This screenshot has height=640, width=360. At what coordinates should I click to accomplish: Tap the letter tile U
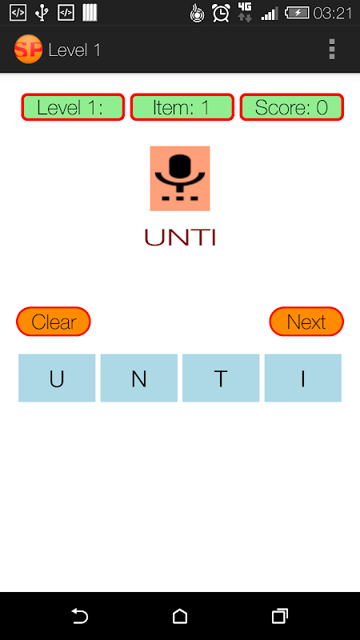point(57,378)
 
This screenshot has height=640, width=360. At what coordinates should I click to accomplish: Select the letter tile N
point(138,378)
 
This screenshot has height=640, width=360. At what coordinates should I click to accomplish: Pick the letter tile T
point(221,378)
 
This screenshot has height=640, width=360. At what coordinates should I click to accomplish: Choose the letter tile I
point(303,378)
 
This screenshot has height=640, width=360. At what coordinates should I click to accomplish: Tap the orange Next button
point(306,322)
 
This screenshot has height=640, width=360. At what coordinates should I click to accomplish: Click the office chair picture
point(180,178)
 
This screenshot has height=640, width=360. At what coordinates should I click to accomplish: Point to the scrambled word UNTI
point(180,237)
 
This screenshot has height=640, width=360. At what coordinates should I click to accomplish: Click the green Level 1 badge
point(73,107)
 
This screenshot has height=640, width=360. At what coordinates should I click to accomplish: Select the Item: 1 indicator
point(182,107)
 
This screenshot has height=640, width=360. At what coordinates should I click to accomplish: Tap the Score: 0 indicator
point(291,107)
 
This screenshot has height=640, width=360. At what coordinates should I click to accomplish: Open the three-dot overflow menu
point(332,50)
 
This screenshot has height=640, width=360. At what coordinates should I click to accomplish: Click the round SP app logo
point(28,50)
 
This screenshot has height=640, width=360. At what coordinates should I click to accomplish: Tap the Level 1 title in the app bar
point(74,50)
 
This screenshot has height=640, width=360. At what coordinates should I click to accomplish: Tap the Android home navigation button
point(180,616)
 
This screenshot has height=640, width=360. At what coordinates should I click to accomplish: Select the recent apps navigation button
point(279,616)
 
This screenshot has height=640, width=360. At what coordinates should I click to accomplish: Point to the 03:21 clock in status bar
point(332,14)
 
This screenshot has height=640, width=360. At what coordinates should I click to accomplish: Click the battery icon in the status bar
point(297,13)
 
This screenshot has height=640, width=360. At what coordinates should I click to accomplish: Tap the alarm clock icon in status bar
point(221,13)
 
